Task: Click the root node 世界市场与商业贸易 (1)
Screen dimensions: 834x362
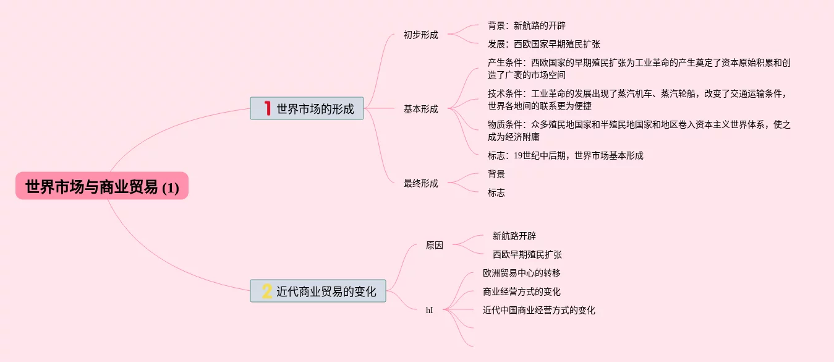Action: pyautogui.click(x=102, y=186)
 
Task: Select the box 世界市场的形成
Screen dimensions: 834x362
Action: pyautogui.click(x=307, y=108)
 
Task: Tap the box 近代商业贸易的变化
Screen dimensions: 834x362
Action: pyautogui.click(x=318, y=291)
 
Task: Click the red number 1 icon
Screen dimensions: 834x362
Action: pyautogui.click(x=267, y=108)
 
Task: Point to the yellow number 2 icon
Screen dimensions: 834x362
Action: pyautogui.click(x=267, y=291)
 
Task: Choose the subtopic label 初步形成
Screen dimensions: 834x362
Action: pyautogui.click(x=420, y=35)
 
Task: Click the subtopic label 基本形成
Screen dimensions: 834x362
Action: pyautogui.click(x=420, y=109)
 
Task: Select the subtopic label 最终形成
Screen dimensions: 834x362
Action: pyautogui.click(x=420, y=183)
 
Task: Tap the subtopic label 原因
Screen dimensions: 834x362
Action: pyautogui.click(x=435, y=245)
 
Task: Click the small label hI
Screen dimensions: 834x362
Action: pyautogui.click(x=430, y=310)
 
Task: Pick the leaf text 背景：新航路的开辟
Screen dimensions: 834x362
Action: pyautogui.click(x=526, y=25)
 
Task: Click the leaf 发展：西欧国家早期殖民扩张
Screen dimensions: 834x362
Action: pyautogui.click(x=543, y=44)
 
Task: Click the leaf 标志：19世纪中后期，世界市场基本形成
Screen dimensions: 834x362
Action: pyautogui.click(x=565, y=155)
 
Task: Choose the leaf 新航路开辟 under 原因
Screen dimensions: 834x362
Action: pyautogui.click(x=514, y=236)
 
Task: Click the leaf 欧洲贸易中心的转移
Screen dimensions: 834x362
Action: pyautogui.click(x=521, y=273)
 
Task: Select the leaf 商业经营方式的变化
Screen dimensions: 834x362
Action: pyautogui.click(x=521, y=291)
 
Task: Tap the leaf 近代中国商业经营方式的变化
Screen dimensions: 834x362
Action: pyautogui.click(x=538, y=310)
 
